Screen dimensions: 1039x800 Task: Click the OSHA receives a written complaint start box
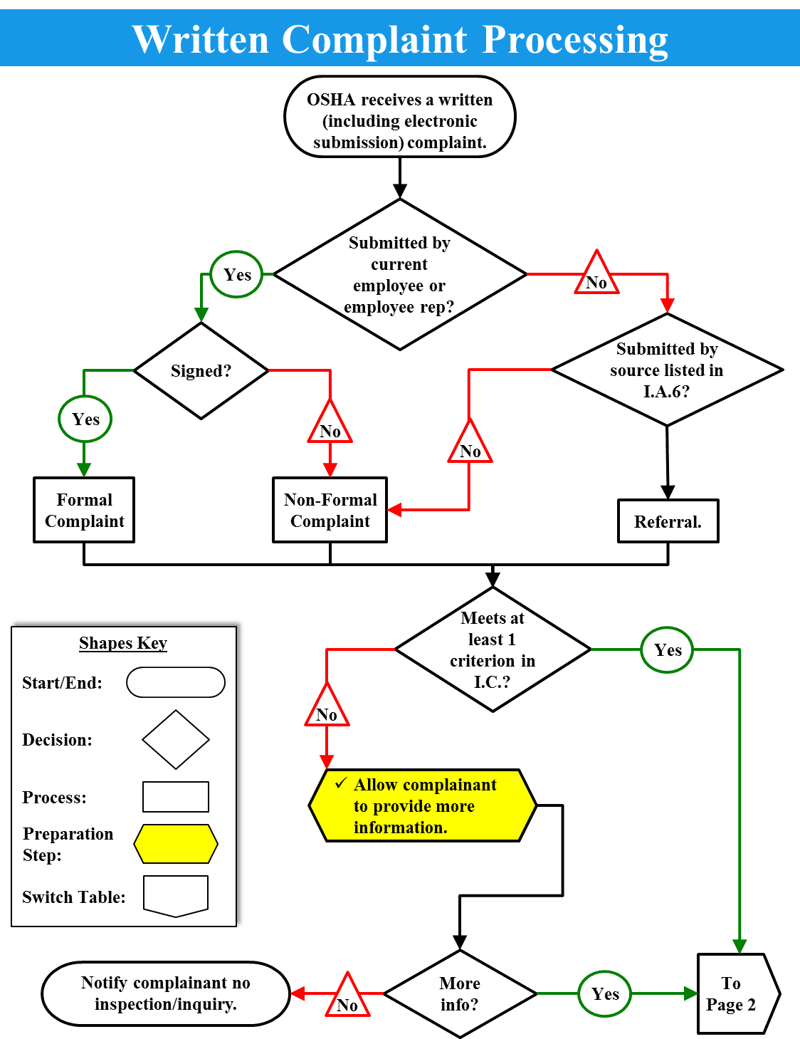click(399, 118)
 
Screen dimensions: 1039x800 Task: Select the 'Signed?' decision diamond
click(201, 371)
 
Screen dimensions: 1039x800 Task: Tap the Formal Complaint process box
click(84, 510)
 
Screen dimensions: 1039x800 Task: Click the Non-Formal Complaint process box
click(330, 510)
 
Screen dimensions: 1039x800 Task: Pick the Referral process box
click(668, 521)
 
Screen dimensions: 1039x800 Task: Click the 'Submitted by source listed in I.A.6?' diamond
click(667, 370)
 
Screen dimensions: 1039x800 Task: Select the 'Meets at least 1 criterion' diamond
click(493, 649)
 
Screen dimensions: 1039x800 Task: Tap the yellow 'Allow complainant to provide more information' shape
click(422, 805)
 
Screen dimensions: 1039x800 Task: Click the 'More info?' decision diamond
click(460, 993)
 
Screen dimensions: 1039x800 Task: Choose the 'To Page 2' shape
click(733, 993)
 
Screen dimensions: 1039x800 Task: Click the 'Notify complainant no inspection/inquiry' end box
click(166, 993)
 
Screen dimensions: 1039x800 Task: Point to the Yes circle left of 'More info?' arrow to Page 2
click(605, 993)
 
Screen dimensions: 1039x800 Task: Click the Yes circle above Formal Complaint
click(85, 419)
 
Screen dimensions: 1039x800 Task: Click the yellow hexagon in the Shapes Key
click(176, 844)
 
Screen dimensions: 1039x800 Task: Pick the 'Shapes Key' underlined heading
click(123, 643)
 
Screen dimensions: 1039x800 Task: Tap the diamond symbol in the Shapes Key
click(176, 739)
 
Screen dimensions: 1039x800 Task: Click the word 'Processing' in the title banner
click(575, 39)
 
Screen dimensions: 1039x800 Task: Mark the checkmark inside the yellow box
click(341, 783)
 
